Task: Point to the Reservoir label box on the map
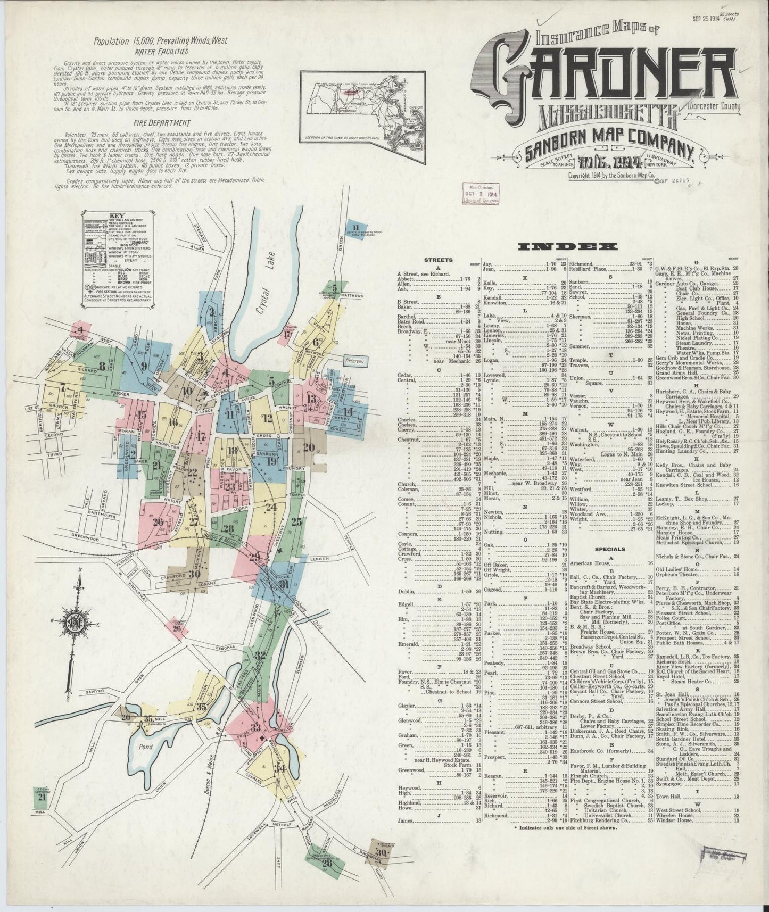356,360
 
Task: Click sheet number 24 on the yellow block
271,508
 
